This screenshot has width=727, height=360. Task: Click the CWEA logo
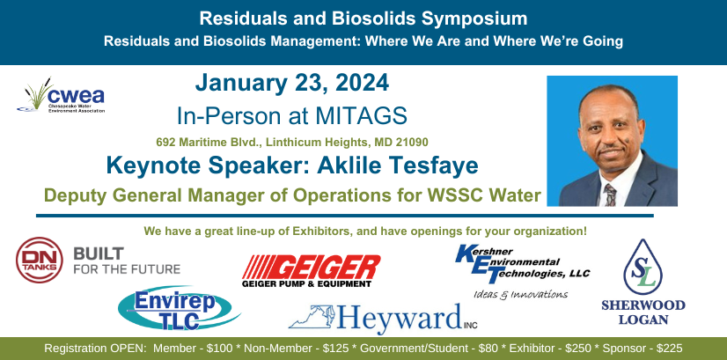tap(61, 95)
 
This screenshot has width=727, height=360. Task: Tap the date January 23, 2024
tap(291, 84)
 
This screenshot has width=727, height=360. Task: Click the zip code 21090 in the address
tap(412, 142)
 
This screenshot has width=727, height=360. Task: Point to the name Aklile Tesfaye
tap(397, 165)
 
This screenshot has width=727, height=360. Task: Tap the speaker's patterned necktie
tap(610, 195)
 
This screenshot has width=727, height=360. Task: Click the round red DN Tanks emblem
tap(40, 261)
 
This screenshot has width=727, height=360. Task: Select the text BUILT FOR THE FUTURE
tap(127, 261)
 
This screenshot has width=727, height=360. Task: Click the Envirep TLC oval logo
tap(180, 308)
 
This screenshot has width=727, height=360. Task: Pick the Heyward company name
tap(400, 319)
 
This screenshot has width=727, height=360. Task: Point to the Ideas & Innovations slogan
tap(521, 295)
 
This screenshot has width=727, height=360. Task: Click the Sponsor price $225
tap(670, 349)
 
